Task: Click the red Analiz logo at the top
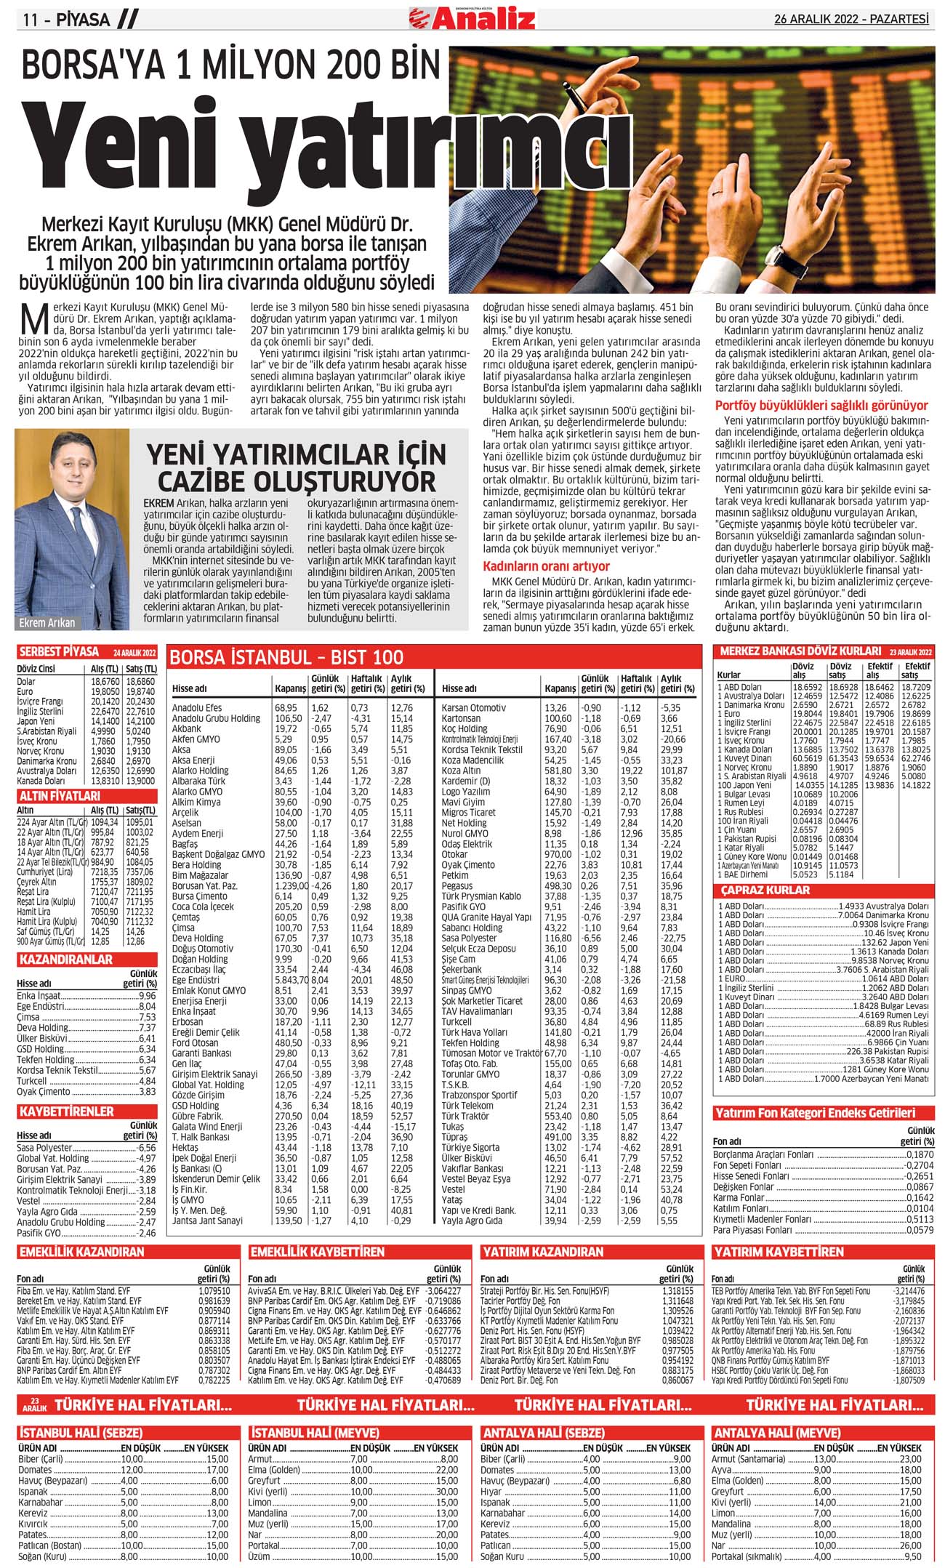[472, 17]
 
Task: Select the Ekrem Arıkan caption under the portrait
[47, 623]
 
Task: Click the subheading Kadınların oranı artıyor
[547, 566]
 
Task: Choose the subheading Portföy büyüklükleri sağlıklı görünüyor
[821, 406]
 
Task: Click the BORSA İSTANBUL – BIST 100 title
[286, 658]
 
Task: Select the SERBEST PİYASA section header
[58, 651]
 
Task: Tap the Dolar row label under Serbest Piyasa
[26, 682]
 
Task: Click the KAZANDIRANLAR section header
[66, 960]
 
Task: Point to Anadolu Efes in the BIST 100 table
[197, 708]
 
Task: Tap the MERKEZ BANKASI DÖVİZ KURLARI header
[800, 651]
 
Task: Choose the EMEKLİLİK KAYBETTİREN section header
[317, 1252]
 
